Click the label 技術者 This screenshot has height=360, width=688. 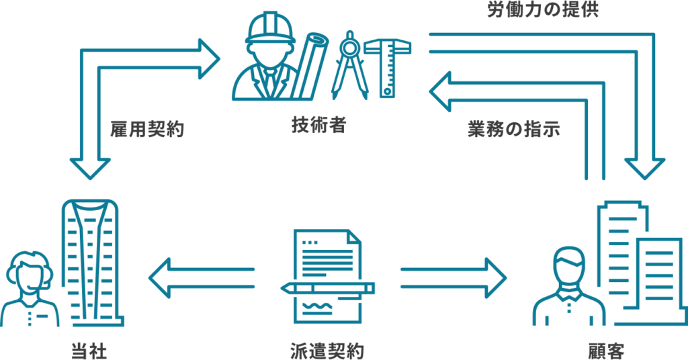click(319, 125)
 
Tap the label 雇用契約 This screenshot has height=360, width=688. click(147, 130)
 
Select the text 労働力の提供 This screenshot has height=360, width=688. click(543, 10)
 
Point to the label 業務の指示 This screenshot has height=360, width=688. click(514, 130)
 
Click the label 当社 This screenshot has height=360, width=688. click(89, 351)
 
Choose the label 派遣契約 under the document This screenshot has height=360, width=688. click(327, 351)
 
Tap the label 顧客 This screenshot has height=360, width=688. click(607, 351)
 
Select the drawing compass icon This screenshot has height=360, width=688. click(349, 65)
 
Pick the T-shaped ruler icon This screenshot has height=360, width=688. click(388, 68)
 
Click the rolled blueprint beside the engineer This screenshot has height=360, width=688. click(309, 65)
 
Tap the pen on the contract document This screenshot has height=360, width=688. click(327, 288)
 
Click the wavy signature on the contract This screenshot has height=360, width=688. click(319, 306)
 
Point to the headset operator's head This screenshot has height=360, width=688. click(30, 272)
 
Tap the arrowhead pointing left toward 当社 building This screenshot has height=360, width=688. click(159, 278)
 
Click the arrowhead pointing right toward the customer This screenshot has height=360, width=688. click(496, 278)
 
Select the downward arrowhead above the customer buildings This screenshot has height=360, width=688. click(644, 169)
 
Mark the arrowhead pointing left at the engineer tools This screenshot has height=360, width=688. click(439, 91)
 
